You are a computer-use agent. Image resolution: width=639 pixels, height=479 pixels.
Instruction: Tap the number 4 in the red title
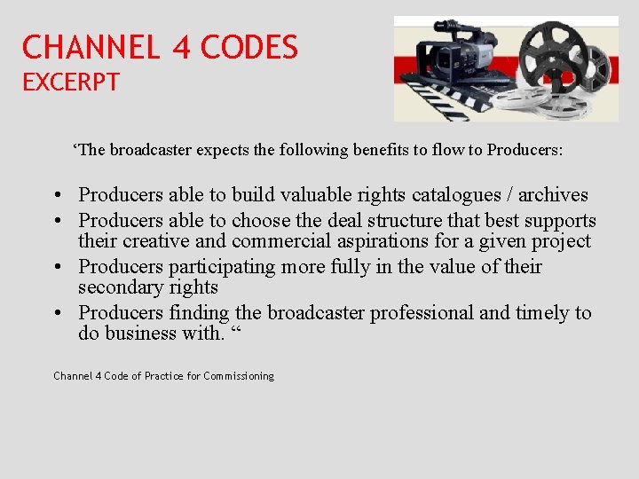click(x=182, y=47)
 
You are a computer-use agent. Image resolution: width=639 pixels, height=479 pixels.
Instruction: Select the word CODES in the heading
click(x=249, y=47)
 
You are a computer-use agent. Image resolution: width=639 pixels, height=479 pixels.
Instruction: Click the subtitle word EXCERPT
click(x=71, y=82)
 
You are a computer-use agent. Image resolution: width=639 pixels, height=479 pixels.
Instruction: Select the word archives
click(x=553, y=194)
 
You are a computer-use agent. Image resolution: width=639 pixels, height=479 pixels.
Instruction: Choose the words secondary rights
click(x=148, y=287)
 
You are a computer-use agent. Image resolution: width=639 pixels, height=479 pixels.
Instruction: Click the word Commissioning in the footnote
click(x=239, y=376)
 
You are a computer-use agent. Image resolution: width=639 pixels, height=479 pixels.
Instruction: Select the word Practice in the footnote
click(x=164, y=376)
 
